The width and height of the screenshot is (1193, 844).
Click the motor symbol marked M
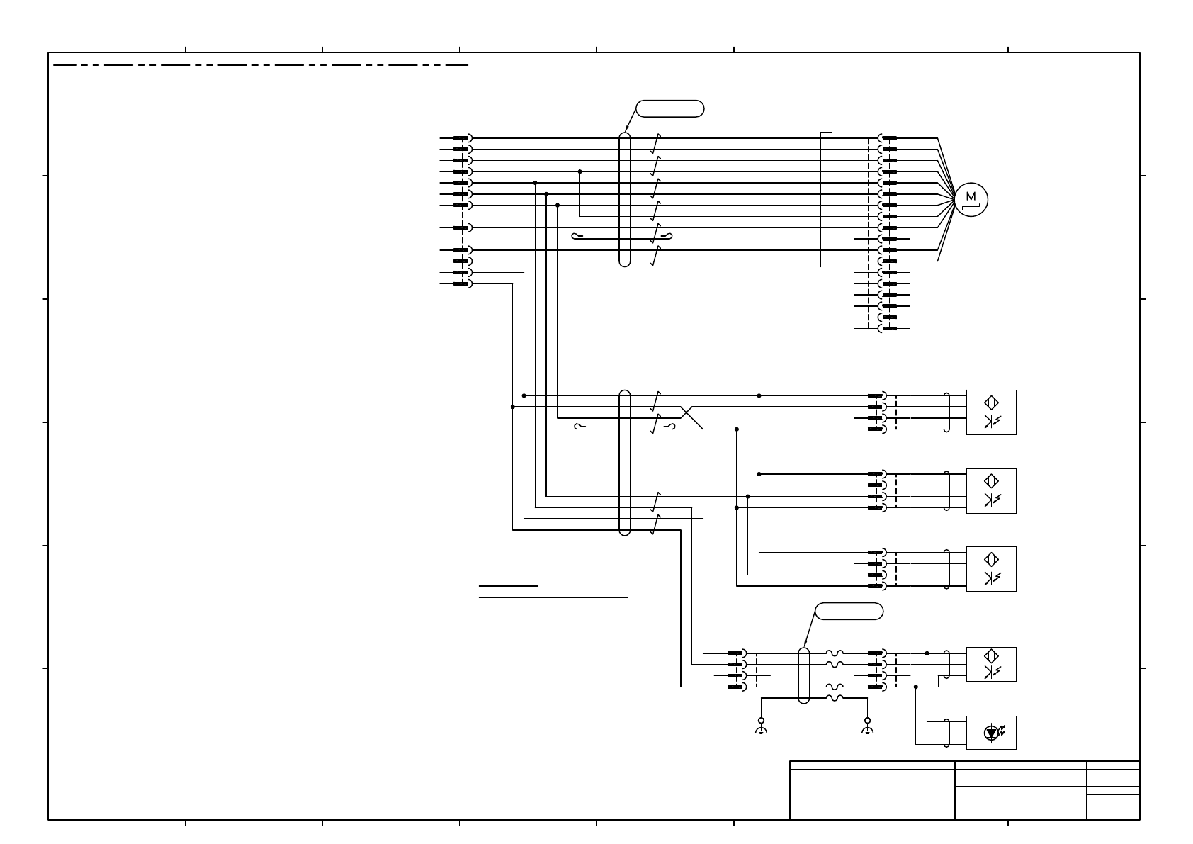pos(971,199)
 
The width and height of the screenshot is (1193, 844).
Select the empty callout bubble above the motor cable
pos(669,108)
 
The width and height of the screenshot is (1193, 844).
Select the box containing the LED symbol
pos(991,733)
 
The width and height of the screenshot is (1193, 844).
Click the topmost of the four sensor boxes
pos(991,412)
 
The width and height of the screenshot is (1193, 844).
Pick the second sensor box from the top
pos(991,490)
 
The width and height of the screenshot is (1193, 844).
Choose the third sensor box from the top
pos(991,569)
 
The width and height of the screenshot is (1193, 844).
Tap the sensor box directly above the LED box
pos(991,664)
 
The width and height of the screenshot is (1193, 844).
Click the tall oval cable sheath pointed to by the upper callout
pos(624,199)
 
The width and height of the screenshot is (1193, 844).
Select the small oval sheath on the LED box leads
pos(947,733)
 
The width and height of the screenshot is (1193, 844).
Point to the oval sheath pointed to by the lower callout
pos(803,675)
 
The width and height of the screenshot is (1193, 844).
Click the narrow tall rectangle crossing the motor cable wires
pos(826,199)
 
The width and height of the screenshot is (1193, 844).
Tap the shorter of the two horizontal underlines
pos(509,587)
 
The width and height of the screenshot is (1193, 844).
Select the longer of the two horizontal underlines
pos(553,597)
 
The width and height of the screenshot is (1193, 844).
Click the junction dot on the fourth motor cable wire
pos(579,171)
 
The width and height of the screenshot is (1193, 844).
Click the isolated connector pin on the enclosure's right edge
pos(462,227)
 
